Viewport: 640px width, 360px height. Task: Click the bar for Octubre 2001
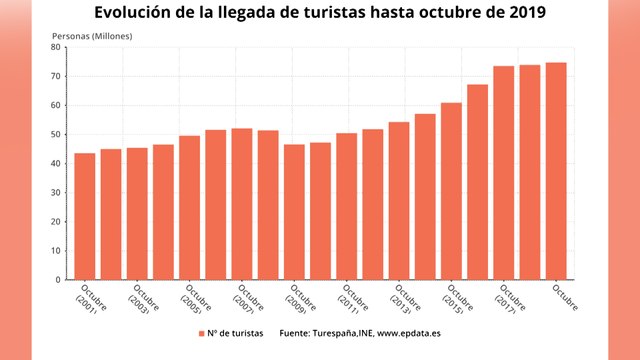coord(85,216)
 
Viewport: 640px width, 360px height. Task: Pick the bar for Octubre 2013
coord(399,200)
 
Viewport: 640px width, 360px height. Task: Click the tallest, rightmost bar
coord(556,171)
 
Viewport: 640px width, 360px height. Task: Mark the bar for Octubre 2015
coord(451,191)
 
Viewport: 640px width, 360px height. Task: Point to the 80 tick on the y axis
coord(57,47)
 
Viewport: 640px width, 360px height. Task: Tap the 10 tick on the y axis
coord(57,250)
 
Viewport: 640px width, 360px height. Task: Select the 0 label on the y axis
coord(59,279)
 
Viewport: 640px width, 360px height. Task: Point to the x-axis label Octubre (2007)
coord(247,300)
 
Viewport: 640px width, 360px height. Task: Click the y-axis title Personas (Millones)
coord(92,36)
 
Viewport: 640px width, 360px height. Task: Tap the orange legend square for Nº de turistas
coord(201,333)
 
